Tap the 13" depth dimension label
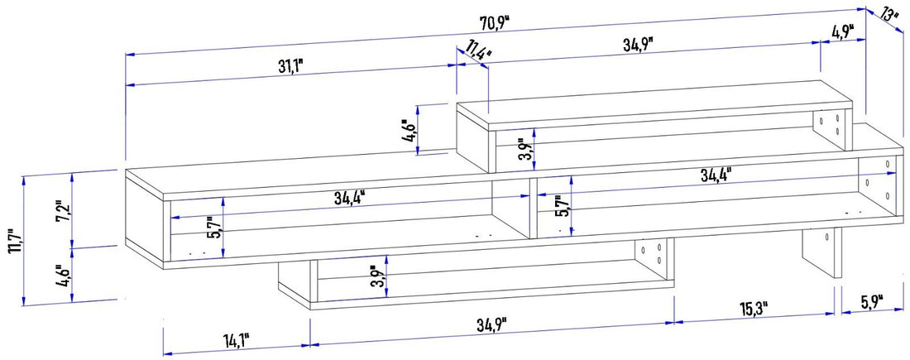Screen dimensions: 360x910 pyautogui.click(x=890, y=14)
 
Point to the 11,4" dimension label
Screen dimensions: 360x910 pyautogui.click(x=477, y=52)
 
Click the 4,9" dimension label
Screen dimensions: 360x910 pyautogui.click(x=841, y=32)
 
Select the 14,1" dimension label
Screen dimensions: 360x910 pyautogui.click(x=237, y=339)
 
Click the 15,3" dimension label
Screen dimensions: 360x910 pyautogui.click(x=754, y=309)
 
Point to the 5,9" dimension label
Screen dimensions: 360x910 pyautogui.click(x=871, y=299)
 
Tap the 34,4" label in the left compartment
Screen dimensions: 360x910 pyautogui.click(x=351, y=197)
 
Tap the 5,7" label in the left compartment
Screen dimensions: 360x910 pyautogui.click(x=213, y=227)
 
